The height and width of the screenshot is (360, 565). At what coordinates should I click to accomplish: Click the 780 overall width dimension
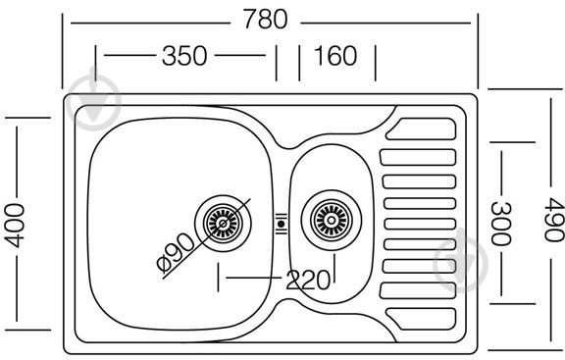pyautogui.click(x=267, y=19)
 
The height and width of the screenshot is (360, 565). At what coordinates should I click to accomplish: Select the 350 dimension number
pyautogui.click(x=183, y=57)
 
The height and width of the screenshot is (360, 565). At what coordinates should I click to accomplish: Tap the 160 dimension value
pyautogui.click(x=335, y=57)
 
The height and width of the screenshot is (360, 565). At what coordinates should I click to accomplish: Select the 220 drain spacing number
pyautogui.click(x=308, y=281)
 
